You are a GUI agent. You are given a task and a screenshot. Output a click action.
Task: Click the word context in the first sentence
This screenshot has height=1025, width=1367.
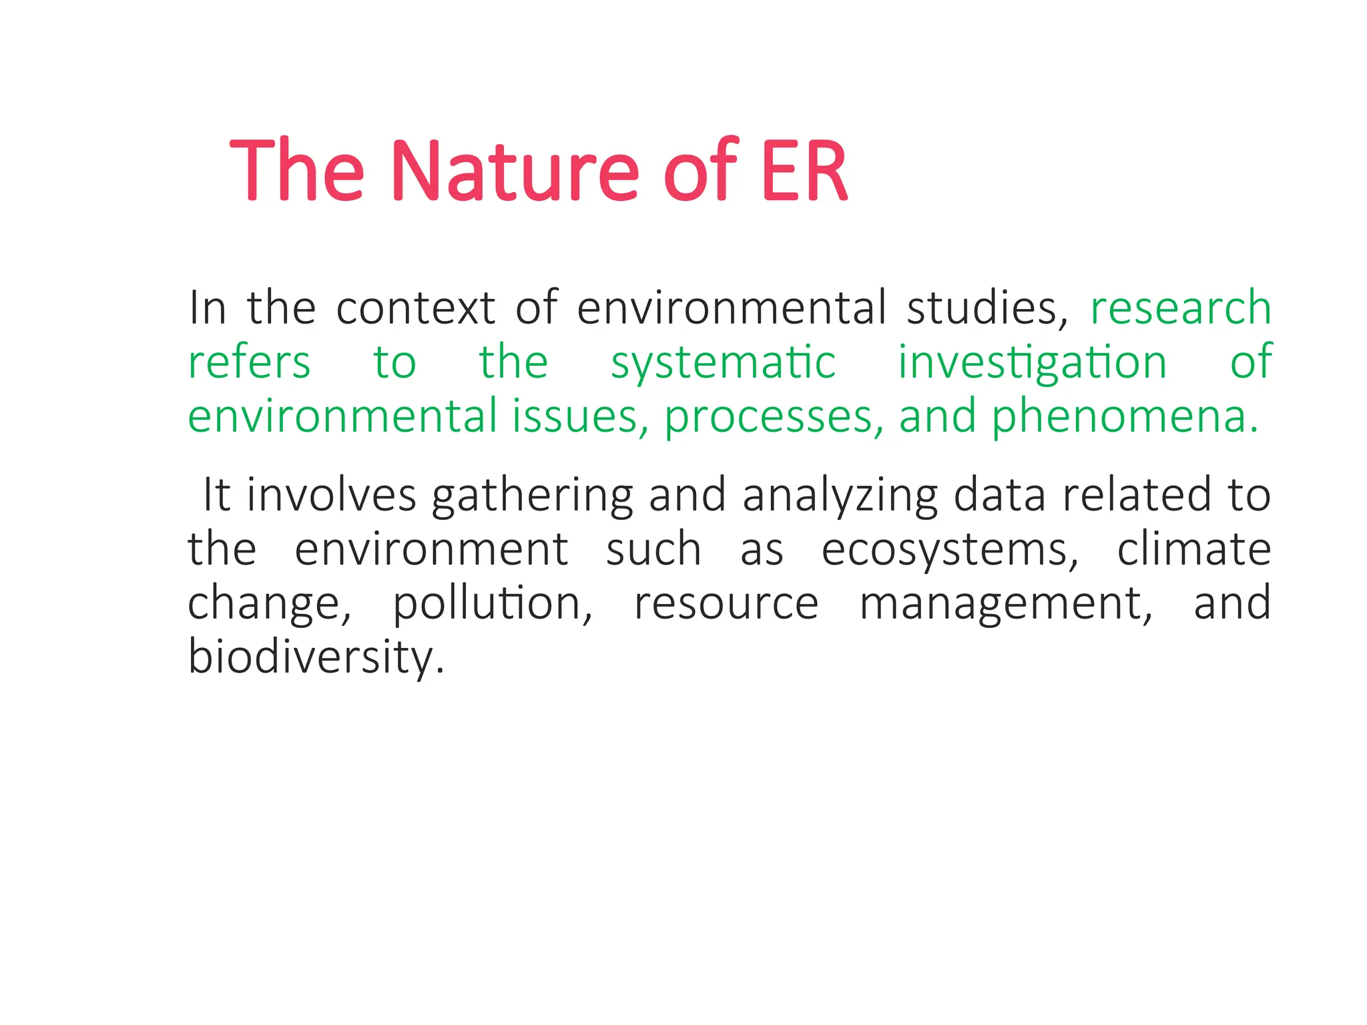pos(415,308)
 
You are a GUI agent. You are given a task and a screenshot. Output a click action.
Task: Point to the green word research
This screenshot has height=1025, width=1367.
pos(1180,308)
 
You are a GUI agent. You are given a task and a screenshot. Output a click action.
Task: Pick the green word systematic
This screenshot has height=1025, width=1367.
pos(723,364)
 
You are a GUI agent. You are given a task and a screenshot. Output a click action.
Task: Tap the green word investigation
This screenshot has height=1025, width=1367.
pos(1032,364)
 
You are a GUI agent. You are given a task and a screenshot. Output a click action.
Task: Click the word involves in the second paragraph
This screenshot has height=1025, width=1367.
pos(331,495)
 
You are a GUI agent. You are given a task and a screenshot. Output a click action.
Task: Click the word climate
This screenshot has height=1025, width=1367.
pos(1193,549)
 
